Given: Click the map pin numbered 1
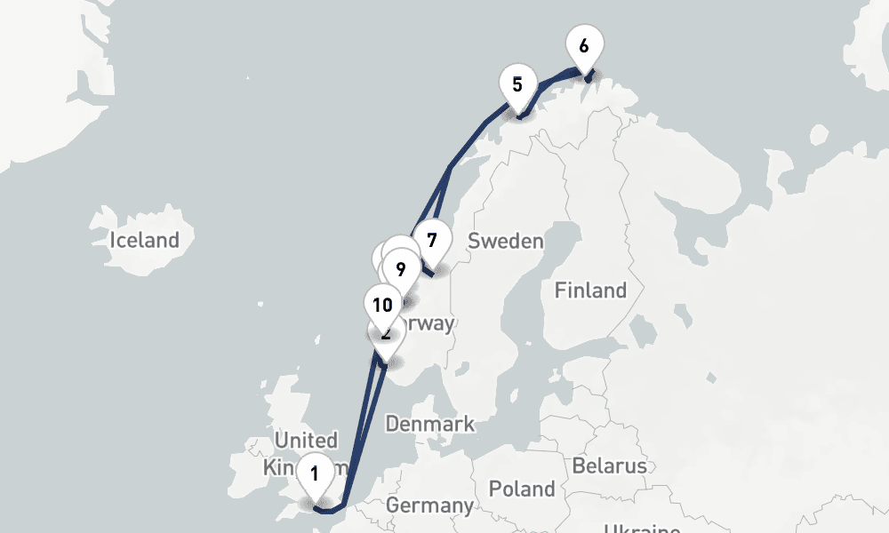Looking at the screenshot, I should (314, 473).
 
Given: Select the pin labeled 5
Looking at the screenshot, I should (517, 85).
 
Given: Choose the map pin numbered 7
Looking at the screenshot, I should (432, 241).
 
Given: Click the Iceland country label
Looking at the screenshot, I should (144, 240).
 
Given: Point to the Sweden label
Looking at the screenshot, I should (505, 241).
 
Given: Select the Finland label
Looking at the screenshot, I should (590, 290).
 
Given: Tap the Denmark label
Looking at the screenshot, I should (430, 424).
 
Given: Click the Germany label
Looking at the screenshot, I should (430, 505).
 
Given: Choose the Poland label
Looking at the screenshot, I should (522, 489).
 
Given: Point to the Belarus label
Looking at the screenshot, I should (609, 466).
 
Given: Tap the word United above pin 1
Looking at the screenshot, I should (306, 440).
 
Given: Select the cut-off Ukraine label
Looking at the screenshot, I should (641, 528).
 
